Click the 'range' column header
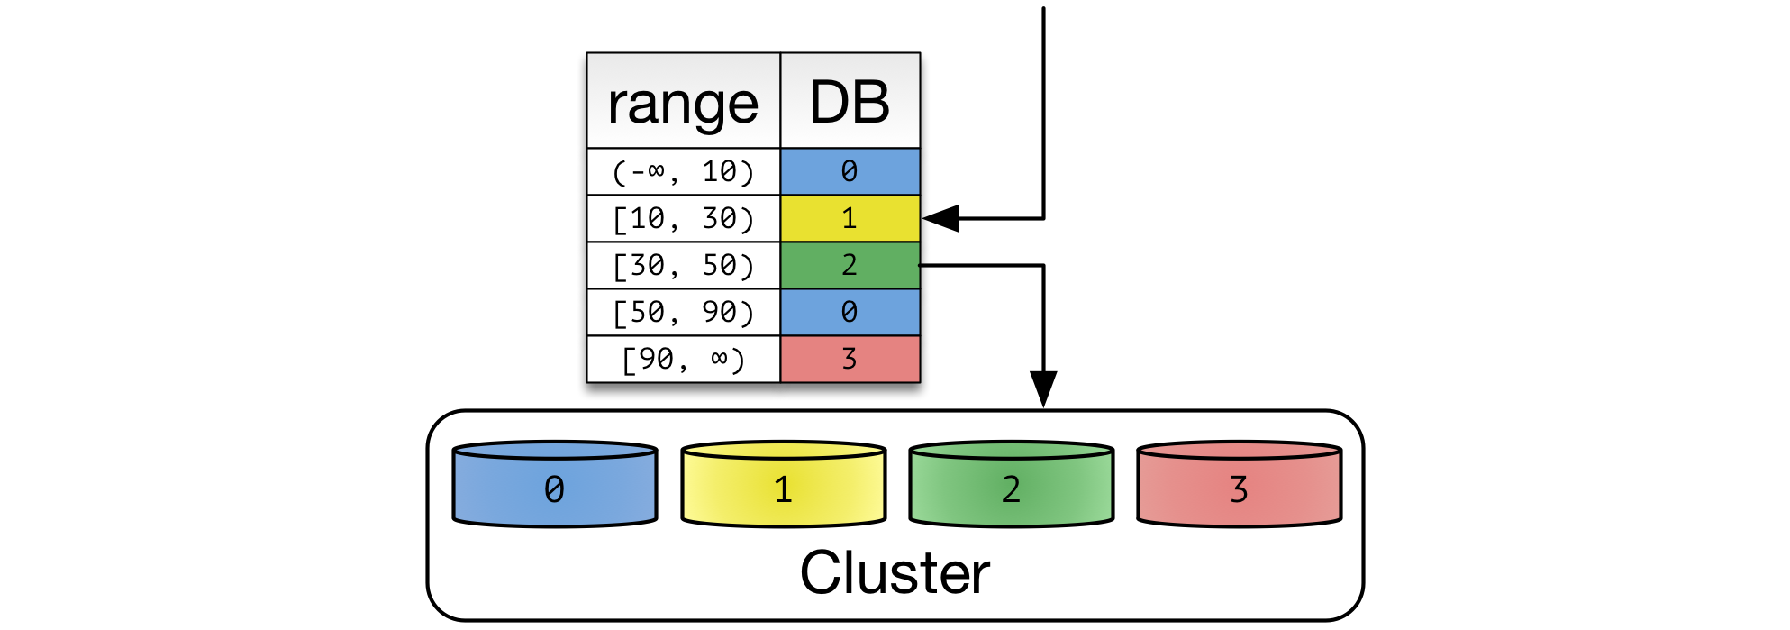tap(683, 102)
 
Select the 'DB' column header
tap(850, 102)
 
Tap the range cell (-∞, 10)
tap(683, 171)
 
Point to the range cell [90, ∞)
tap(683, 359)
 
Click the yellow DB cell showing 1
tap(850, 218)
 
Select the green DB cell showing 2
tap(850, 265)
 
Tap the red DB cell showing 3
tap(850, 359)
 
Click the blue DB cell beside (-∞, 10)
tap(850, 171)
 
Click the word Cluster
tap(895, 572)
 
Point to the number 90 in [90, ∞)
tap(658, 359)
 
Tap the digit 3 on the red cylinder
tap(1239, 489)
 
